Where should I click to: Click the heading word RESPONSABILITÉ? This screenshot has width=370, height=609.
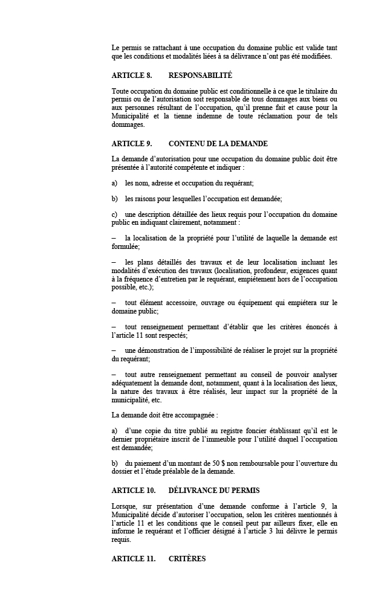200,76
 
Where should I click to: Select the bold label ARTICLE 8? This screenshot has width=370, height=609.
132,76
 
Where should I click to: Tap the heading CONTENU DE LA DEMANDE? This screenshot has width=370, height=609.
218,144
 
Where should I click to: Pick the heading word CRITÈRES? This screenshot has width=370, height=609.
187,559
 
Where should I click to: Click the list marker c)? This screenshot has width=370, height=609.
115,214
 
